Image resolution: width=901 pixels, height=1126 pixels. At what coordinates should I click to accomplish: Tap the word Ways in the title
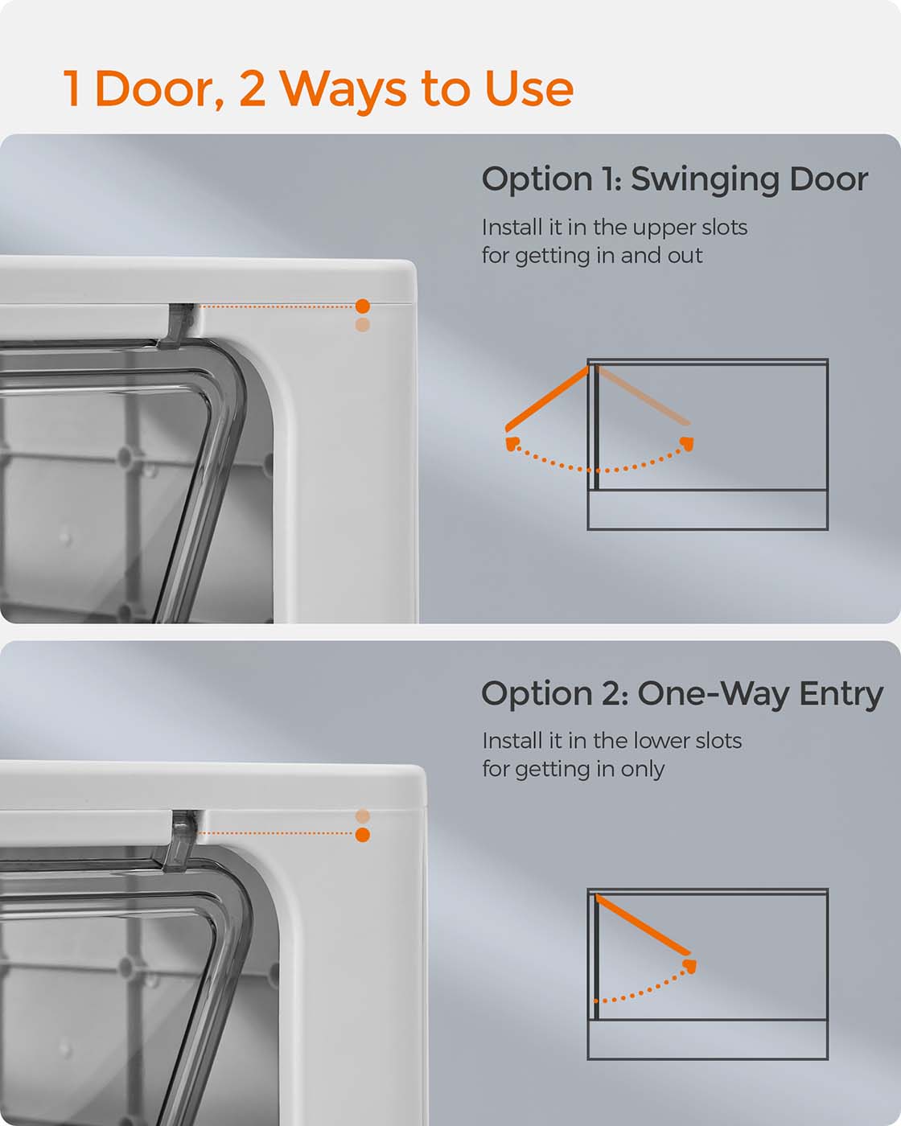point(344,91)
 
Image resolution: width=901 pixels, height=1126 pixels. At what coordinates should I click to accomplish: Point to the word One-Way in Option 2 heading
point(714,695)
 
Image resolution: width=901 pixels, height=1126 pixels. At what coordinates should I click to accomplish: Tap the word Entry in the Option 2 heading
point(841,696)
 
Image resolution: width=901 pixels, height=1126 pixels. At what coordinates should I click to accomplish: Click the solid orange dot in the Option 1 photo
point(362,306)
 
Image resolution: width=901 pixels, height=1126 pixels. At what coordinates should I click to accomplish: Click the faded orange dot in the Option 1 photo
point(362,325)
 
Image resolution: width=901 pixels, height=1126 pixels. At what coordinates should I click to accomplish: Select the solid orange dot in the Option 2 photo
point(362,835)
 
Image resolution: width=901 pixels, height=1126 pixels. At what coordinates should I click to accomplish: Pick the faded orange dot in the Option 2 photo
point(362,816)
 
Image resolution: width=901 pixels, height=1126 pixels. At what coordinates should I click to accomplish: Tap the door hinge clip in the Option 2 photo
point(179,840)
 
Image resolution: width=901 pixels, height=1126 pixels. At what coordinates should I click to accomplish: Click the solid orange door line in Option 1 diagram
point(546,399)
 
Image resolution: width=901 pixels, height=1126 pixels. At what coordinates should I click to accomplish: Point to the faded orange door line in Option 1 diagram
point(643,396)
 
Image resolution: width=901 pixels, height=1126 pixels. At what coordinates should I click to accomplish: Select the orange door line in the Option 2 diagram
point(643,925)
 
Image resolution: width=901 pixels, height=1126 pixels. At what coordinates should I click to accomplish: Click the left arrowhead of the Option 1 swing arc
point(512,444)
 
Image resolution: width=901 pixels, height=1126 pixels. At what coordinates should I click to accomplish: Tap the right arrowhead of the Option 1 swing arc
point(687,444)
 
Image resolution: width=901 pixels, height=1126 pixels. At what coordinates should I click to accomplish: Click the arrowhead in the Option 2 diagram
point(689,966)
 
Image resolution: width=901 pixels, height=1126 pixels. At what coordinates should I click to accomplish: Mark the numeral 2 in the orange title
point(253,88)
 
